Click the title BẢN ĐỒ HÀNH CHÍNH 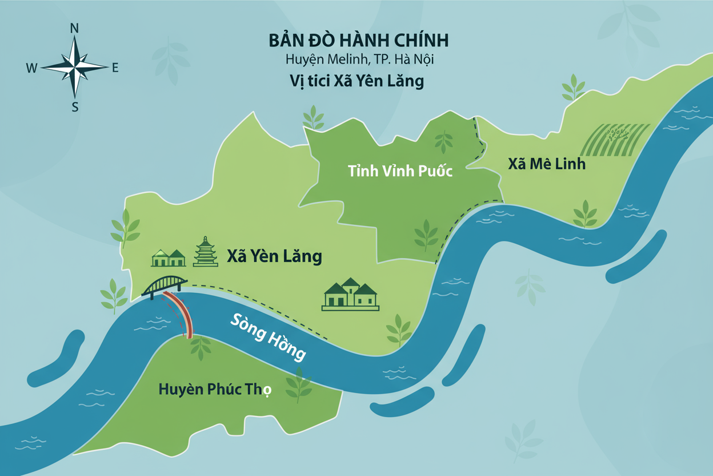pos(358,41)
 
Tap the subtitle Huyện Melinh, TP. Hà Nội pos(358,59)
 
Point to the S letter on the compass pos(75,106)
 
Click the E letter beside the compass pos(115,68)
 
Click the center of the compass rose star pos(74,68)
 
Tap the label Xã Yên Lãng pos(274,256)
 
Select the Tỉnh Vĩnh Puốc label pos(400,170)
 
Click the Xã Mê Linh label pos(547,164)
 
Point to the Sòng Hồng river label pos(267,337)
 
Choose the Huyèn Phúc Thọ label pos(215,390)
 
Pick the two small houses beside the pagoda pos(169,258)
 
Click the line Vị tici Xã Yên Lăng pos(356,81)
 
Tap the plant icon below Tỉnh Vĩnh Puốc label pos(426,235)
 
